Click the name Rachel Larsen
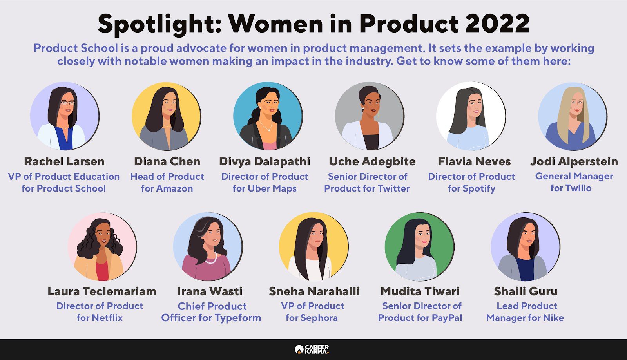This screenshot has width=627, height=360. (x=64, y=161)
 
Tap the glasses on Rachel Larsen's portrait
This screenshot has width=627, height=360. (x=68, y=103)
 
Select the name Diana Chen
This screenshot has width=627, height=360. (x=167, y=161)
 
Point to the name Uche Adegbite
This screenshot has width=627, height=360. (x=372, y=161)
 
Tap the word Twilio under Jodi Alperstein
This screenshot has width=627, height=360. (x=579, y=188)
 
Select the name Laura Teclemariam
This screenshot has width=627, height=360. (x=102, y=291)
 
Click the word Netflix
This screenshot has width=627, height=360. (x=107, y=318)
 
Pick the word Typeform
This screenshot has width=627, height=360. (x=237, y=318)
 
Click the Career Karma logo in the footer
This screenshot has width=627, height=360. (x=312, y=349)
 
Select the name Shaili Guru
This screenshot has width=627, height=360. (x=526, y=291)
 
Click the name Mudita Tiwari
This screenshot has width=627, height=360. (x=420, y=291)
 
